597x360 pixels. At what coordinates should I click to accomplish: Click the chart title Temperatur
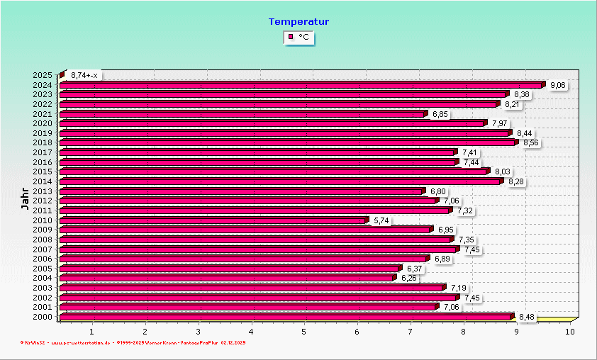coord(298,22)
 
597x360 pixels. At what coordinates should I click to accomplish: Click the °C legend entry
coord(298,37)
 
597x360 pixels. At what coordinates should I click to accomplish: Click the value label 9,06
coord(558,85)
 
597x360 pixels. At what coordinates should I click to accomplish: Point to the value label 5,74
coord(381,220)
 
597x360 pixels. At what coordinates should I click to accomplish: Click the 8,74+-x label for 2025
coord(84,75)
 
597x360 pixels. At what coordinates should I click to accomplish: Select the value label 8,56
coord(531,143)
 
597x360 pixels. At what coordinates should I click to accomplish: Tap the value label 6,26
coord(408,278)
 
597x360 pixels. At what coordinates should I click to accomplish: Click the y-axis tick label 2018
coord(43,143)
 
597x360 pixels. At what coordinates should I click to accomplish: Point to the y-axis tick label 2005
coord(43,269)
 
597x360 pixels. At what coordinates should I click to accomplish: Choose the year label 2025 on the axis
coord(43,75)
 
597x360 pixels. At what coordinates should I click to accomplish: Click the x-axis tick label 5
coord(304,331)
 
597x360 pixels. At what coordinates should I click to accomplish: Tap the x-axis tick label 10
coord(569,331)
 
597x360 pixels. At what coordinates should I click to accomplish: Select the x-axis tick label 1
coord(92,331)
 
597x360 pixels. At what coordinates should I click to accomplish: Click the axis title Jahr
coord(25,198)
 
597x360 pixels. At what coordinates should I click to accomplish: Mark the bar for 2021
coord(242,114)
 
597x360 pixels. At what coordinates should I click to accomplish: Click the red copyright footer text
coord(133,343)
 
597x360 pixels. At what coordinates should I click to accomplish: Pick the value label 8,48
coord(527,317)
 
